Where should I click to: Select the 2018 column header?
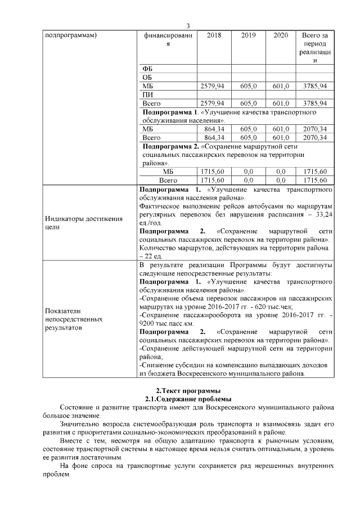214,35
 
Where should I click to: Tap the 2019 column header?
248,35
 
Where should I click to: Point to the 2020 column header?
280,35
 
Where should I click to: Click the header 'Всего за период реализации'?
314,48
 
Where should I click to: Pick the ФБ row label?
148,69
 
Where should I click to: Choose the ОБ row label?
148,77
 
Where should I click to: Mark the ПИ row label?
148,95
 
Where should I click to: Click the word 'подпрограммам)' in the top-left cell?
71,35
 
